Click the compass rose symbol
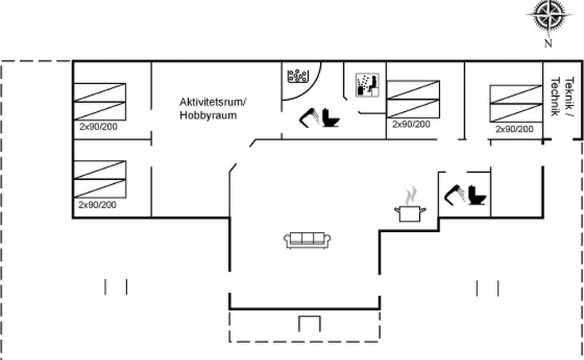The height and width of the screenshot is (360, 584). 550,15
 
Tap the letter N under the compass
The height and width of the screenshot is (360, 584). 548,43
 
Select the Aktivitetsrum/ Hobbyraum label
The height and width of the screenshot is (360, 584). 213,108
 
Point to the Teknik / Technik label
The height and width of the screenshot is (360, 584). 562,97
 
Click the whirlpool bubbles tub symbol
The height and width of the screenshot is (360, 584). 298,76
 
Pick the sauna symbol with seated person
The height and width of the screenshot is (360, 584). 368,85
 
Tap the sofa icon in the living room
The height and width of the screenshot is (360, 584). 307,239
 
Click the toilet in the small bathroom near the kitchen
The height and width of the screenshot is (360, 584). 477,194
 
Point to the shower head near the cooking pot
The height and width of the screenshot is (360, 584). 454,194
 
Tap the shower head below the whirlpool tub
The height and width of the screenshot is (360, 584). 310,118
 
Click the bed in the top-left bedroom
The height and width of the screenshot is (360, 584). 100,102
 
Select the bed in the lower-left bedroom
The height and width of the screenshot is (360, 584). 100,179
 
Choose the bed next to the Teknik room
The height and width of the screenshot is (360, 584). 516,103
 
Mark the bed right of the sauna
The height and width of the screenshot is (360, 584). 414,99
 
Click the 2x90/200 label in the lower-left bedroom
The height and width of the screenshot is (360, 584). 98,205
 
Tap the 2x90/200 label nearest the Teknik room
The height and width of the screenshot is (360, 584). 514,129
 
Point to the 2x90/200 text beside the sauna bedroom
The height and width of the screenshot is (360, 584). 411,124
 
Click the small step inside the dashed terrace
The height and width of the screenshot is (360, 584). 310,317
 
